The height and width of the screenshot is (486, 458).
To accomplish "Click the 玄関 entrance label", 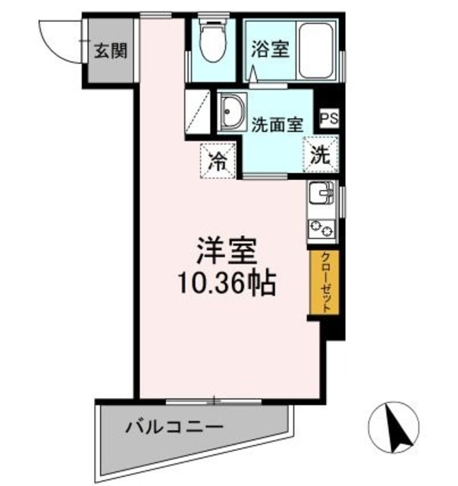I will [111, 52].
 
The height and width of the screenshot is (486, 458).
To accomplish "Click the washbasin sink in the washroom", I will [231, 112].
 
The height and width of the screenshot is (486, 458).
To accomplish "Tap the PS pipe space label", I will [328, 118].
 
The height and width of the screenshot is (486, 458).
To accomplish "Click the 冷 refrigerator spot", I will [217, 160].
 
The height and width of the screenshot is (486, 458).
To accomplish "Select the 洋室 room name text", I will [226, 251].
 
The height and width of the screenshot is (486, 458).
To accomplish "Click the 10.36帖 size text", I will [226, 285].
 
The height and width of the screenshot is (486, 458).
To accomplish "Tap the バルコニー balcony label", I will [174, 425].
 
